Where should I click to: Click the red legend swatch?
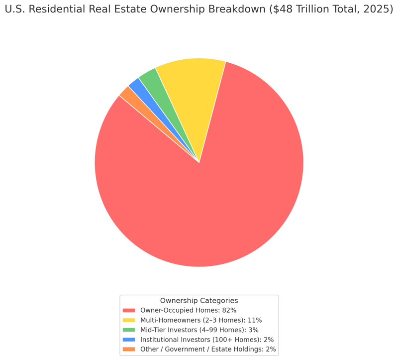[129, 310]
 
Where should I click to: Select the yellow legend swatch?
[129, 320]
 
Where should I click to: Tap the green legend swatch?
[129, 330]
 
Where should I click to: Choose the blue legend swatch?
[129, 340]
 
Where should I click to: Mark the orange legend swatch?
[129, 350]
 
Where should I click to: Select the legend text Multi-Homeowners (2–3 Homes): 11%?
[201, 320]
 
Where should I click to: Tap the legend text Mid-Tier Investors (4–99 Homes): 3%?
[199, 330]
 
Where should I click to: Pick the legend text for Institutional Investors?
[206, 340]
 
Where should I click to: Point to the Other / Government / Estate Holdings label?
[208, 350]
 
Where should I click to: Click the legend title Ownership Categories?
[199, 301]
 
